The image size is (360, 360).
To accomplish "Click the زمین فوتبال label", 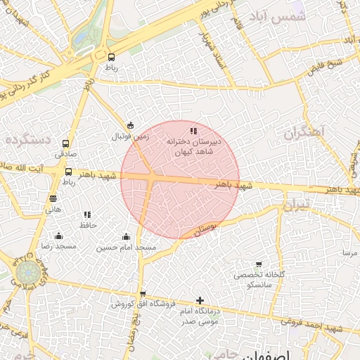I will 131,136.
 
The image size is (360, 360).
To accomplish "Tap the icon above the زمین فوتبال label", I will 130,125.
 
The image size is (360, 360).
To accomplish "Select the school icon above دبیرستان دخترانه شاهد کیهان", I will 193,131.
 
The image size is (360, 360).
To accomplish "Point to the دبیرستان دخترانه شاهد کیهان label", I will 193,146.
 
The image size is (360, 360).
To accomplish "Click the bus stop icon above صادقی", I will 66,143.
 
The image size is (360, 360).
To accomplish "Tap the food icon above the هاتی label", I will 53,199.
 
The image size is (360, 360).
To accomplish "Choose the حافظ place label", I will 87,225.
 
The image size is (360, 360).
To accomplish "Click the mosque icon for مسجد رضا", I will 58,236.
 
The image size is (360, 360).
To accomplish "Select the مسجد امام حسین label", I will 126,247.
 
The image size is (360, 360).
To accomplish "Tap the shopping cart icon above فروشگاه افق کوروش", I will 143,294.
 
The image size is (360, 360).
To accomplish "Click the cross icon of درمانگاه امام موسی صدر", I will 200,301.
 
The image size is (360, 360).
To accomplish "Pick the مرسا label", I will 349,252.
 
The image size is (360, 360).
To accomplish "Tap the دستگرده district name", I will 28,140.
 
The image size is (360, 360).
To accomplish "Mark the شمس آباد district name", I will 281,18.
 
